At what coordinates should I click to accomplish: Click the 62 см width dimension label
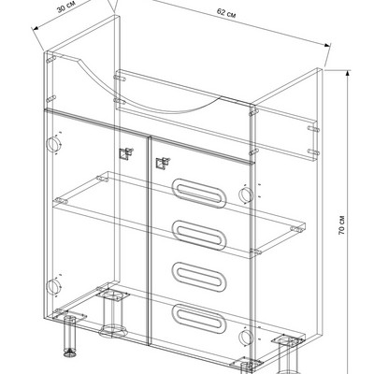click(x=226, y=13)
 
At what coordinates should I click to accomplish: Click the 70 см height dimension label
click(x=341, y=224)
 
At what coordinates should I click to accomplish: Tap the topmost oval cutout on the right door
click(x=198, y=194)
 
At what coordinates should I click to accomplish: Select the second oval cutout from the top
click(x=198, y=236)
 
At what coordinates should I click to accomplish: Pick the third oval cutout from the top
click(x=198, y=277)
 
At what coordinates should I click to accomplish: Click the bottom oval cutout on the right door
click(x=198, y=319)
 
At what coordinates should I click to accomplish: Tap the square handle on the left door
click(x=126, y=153)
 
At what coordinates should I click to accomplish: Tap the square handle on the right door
click(x=163, y=164)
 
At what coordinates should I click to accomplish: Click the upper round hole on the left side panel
click(x=53, y=144)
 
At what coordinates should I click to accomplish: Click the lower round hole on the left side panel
click(x=53, y=287)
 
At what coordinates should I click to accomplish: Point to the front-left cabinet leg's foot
click(x=70, y=353)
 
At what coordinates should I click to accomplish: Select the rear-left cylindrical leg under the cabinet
click(x=112, y=313)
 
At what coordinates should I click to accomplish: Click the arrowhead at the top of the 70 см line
click(x=348, y=74)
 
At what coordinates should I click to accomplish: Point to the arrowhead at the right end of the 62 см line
click(x=326, y=45)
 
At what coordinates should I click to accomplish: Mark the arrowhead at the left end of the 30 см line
click(x=36, y=28)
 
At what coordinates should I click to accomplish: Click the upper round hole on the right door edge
click(x=246, y=194)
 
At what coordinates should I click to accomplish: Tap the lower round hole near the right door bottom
click(x=246, y=338)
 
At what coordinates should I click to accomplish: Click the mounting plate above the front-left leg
click(x=70, y=316)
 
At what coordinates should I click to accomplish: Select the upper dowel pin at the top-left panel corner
click(x=50, y=58)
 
